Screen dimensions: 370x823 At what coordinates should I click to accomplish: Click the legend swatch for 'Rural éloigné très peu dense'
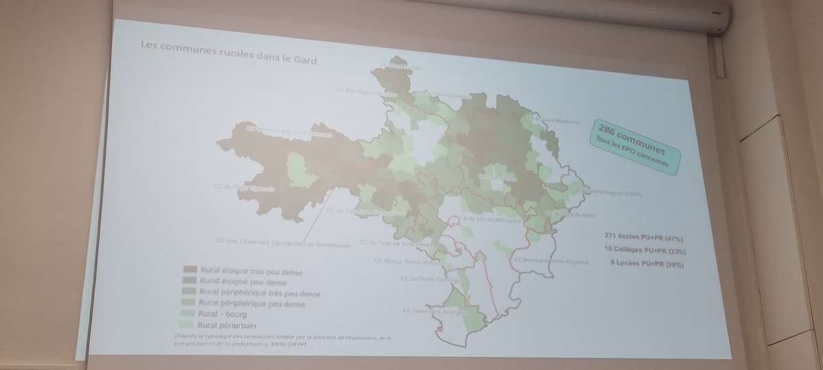pos(185,270)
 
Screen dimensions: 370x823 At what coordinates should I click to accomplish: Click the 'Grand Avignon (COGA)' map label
pos(608,194)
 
